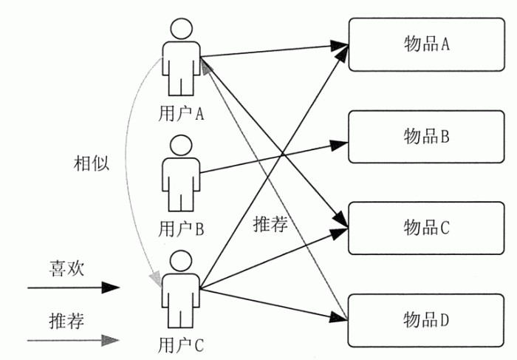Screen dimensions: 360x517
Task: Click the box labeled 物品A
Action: pyautogui.click(x=427, y=44)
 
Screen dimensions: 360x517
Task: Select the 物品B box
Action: pyautogui.click(x=427, y=137)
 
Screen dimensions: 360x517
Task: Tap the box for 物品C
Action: pyautogui.click(x=427, y=228)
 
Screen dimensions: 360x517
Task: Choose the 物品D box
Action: pyautogui.click(x=427, y=320)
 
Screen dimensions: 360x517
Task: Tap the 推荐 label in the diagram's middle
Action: pyautogui.click(x=269, y=224)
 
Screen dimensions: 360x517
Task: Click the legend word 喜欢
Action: pyautogui.click(x=66, y=268)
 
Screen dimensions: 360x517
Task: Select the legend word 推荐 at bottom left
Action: pyautogui.click(x=66, y=321)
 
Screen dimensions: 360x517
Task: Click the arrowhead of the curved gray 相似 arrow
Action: pyautogui.click(x=157, y=279)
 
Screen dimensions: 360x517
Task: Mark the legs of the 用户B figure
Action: pyautogui.click(x=180, y=200)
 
